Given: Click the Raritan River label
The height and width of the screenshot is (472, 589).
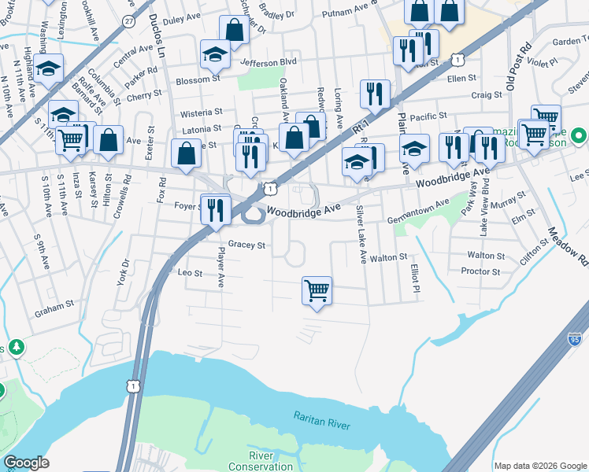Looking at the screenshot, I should coord(321,423).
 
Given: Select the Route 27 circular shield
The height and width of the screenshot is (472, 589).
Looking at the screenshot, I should coord(128,21).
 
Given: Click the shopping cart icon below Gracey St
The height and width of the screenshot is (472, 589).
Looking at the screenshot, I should coord(317,290).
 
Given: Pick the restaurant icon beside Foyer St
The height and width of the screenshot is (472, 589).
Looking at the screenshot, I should coord(215,208).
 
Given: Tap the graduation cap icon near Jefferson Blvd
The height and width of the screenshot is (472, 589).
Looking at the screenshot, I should coord(215,54).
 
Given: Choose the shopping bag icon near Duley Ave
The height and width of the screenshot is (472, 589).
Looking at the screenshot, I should coord(234,30).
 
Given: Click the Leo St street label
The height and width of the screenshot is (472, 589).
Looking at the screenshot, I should coord(191,273).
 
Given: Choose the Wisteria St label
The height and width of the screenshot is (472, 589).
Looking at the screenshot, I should coord(202,112).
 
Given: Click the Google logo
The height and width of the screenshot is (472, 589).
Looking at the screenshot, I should coord(26,462).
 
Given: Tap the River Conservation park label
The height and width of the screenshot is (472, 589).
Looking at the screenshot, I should coord(272,462).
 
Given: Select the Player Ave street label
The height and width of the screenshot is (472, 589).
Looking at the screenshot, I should coord(221,268).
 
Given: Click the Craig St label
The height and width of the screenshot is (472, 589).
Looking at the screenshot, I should coord(487,95).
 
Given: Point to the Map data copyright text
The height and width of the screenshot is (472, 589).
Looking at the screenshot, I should coord(539,466).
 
